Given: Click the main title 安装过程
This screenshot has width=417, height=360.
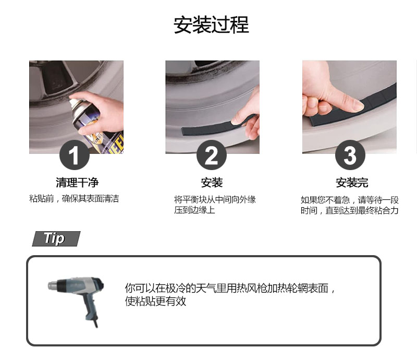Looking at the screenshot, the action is pos(211,25).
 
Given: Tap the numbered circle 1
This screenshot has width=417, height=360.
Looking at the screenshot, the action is pos(75,155).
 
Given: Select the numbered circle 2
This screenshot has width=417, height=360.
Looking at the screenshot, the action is pos(212,155).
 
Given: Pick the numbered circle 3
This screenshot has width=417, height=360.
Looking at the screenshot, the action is pos(350,155).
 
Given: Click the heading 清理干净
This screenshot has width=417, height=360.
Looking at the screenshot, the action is pos(77,183).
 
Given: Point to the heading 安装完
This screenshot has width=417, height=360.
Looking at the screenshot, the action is pos(352,183).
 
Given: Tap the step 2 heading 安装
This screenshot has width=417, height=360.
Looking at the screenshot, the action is pos(212,183).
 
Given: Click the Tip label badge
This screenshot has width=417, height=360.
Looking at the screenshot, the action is pos(56,238).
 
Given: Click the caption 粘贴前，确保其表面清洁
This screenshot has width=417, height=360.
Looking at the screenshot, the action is pos(74,199).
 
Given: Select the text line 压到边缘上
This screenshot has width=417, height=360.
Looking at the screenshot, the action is pos(194,210).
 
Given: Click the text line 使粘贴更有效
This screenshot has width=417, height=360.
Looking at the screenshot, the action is pos(155,301).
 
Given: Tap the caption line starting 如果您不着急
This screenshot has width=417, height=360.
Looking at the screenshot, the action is pos(349,200).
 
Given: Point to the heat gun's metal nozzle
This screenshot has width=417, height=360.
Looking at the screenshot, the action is pos(53,285).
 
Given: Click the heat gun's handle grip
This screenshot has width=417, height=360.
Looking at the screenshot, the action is pos(89,306).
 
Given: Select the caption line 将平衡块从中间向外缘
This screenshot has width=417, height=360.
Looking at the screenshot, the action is pos(215,199).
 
